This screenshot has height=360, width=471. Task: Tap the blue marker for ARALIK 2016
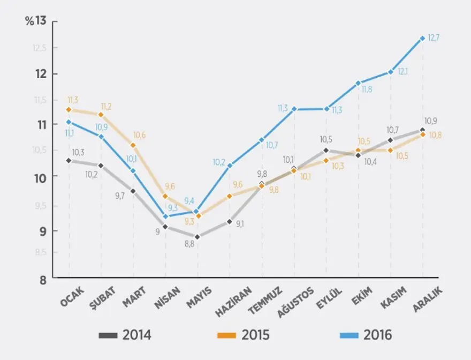click(x=422, y=38)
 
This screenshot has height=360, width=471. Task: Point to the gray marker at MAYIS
click(x=197, y=236)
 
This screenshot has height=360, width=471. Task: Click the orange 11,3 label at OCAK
click(x=73, y=100)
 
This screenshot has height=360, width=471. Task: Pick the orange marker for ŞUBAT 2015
click(x=101, y=115)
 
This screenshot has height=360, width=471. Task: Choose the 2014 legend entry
click(x=126, y=335)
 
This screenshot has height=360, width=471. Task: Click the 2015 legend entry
click(x=244, y=335)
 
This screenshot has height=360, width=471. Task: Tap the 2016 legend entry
click(x=367, y=335)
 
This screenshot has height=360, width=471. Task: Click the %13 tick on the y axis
click(x=36, y=21)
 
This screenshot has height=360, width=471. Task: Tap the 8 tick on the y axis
click(x=42, y=279)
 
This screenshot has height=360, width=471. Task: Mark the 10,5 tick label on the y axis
click(x=40, y=150)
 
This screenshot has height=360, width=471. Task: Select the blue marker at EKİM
click(x=358, y=83)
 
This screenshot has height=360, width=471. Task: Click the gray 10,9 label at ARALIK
click(x=431, y=121)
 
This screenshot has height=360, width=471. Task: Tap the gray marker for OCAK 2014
click(x=69, y=160)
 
